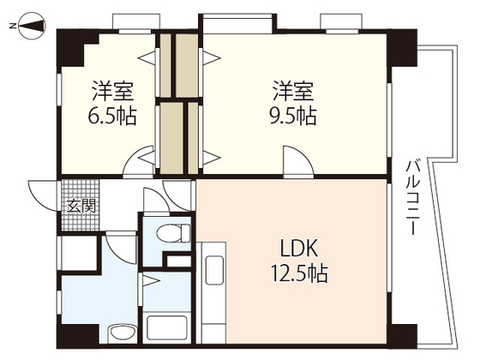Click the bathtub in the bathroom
(x=169, y=327)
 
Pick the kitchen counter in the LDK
(x=212, y=291)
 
